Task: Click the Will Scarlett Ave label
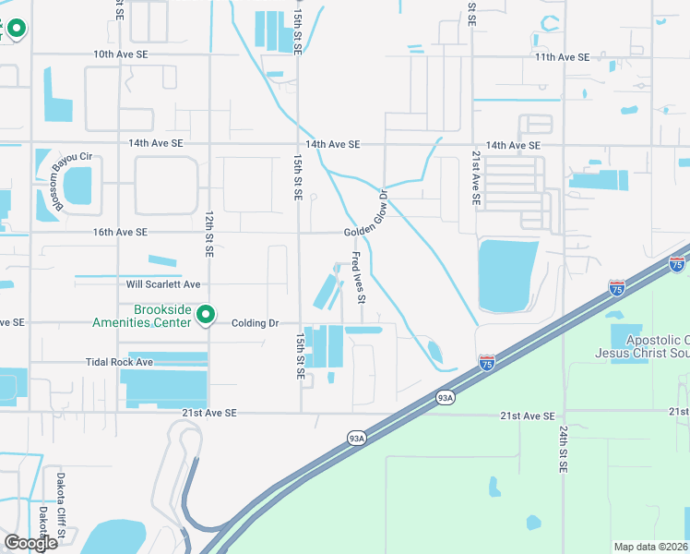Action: pyautogui.click(x=163, y=284)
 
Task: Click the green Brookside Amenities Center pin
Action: pyautogui.click(x=208, y=317)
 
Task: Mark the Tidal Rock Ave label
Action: pyautogui.click(x=119, y=363)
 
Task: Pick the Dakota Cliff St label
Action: pyautogui.click(x=61, y=520)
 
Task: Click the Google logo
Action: pyautogui.click(x=30, y=543)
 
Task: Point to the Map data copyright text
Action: pyautogui.click(x=650, y=547)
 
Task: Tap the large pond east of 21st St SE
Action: pyautogui.click(x=506, y=274)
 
